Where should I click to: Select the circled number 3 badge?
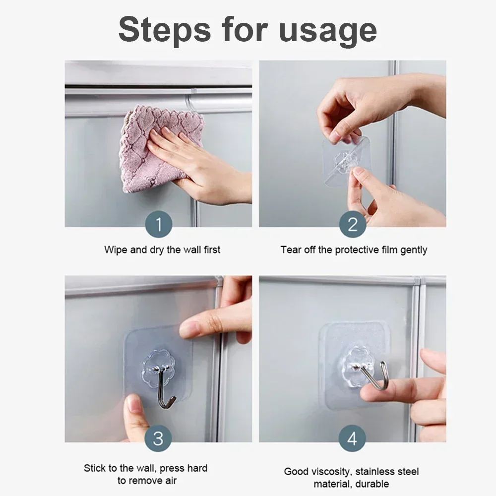click(x=158, y=438)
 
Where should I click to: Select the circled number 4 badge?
click(x=352, y=438)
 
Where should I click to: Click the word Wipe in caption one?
click(x=115, y=249)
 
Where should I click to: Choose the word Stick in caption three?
click(x=94, y=468)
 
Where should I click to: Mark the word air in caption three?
click(x=169, y=480)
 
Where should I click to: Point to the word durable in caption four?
click(x=372, y=484)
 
